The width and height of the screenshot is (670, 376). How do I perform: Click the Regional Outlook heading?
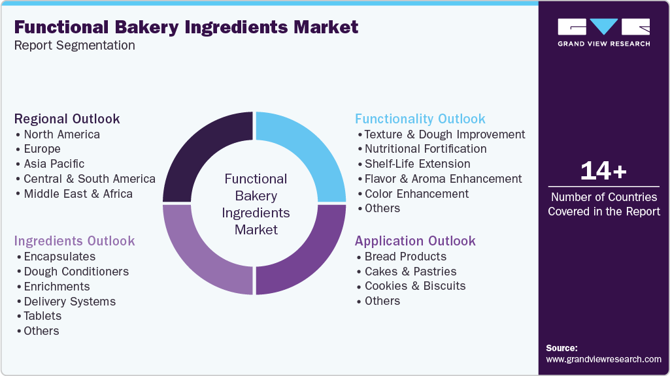pyautogui.click(x=67, y=119)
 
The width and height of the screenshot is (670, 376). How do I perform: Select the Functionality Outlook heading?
pyautogui.click(x=420, y=119)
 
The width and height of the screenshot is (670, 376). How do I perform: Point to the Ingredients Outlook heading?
pyautogui.click(x=75, y=241)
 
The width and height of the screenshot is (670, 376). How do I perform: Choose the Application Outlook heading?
pyautogui.click(x=415, y=241)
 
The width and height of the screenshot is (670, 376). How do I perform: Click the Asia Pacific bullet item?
pyautogui.click(x=54, y=164)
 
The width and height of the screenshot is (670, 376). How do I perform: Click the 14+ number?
pyautogui.click(x=603, y=171)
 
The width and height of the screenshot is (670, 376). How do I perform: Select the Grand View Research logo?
pyautogui.click(x=604, y=33)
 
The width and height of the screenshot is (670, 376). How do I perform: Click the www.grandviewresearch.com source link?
pyautogui.click(x=603, y=359)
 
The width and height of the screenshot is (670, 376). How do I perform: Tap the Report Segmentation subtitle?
pyautogui.click(x=75, y=45)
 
